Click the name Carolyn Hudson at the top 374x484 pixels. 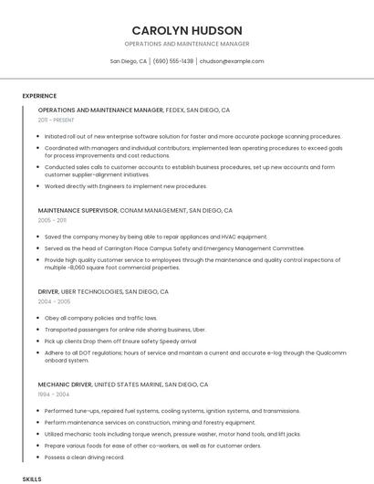[x=186, y=30]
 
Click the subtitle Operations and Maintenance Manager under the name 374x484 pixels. [x=186, y=44]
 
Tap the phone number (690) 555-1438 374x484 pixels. [x=173, y=61]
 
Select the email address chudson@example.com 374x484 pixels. [x=232, y=61]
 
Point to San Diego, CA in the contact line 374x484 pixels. [x=128, y=61]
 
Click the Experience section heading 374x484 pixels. [x=39, y=96]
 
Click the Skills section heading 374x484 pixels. [x=32, y=479]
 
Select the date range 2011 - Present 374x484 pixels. [x=57, y=120]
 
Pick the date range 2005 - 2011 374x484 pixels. [x=52, y=220]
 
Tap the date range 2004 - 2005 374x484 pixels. [x=54, y=301]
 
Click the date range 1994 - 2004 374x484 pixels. [x=53, y=395]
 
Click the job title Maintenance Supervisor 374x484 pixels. [x=78, y=210]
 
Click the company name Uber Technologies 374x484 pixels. [x=94, y=291]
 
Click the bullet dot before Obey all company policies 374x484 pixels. [x=39, y=318]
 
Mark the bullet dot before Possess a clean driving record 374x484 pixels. [x=39, y=457]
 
